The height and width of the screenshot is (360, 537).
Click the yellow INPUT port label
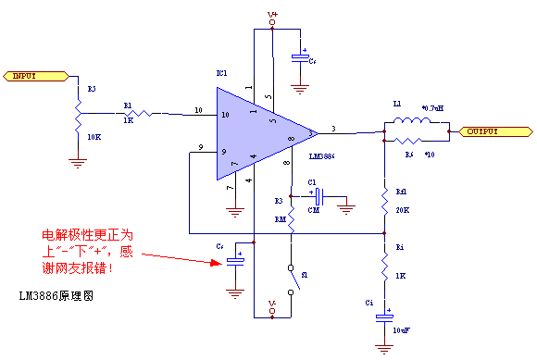30,76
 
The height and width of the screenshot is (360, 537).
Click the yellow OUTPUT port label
479,131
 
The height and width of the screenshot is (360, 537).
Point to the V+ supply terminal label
272,16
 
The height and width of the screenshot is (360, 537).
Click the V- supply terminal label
272,304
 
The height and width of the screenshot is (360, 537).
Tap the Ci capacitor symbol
384,317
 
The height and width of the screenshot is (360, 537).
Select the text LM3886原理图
56,297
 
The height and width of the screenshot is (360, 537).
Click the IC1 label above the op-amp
221,73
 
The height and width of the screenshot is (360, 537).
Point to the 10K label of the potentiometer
94,136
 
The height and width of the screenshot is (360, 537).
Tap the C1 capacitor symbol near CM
318,196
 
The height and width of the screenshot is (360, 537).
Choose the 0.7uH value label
432,108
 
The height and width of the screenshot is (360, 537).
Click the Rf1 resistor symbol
384,198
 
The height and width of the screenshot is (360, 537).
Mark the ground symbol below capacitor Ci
384,349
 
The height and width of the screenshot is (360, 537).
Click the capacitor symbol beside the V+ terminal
300,58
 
